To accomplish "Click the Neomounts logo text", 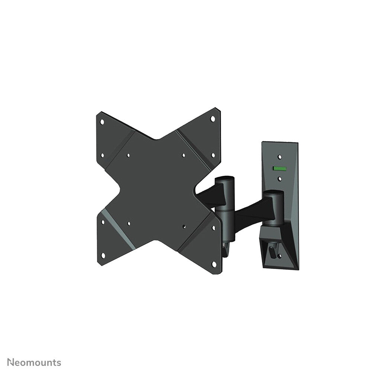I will (x=34, y=363).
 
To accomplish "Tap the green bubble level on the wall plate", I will (x=280, y=168).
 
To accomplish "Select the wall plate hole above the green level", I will (x=280, y=157).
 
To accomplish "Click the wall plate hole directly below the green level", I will (x=280, y=179).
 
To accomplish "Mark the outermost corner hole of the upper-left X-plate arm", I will (x=102, y=121).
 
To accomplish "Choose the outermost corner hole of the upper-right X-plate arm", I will (x=213, y=119).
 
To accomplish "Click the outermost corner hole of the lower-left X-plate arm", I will (x=103, y=255).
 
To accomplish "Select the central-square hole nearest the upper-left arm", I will (x=128, y=156).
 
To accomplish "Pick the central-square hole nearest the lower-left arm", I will (x=129, y=223).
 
